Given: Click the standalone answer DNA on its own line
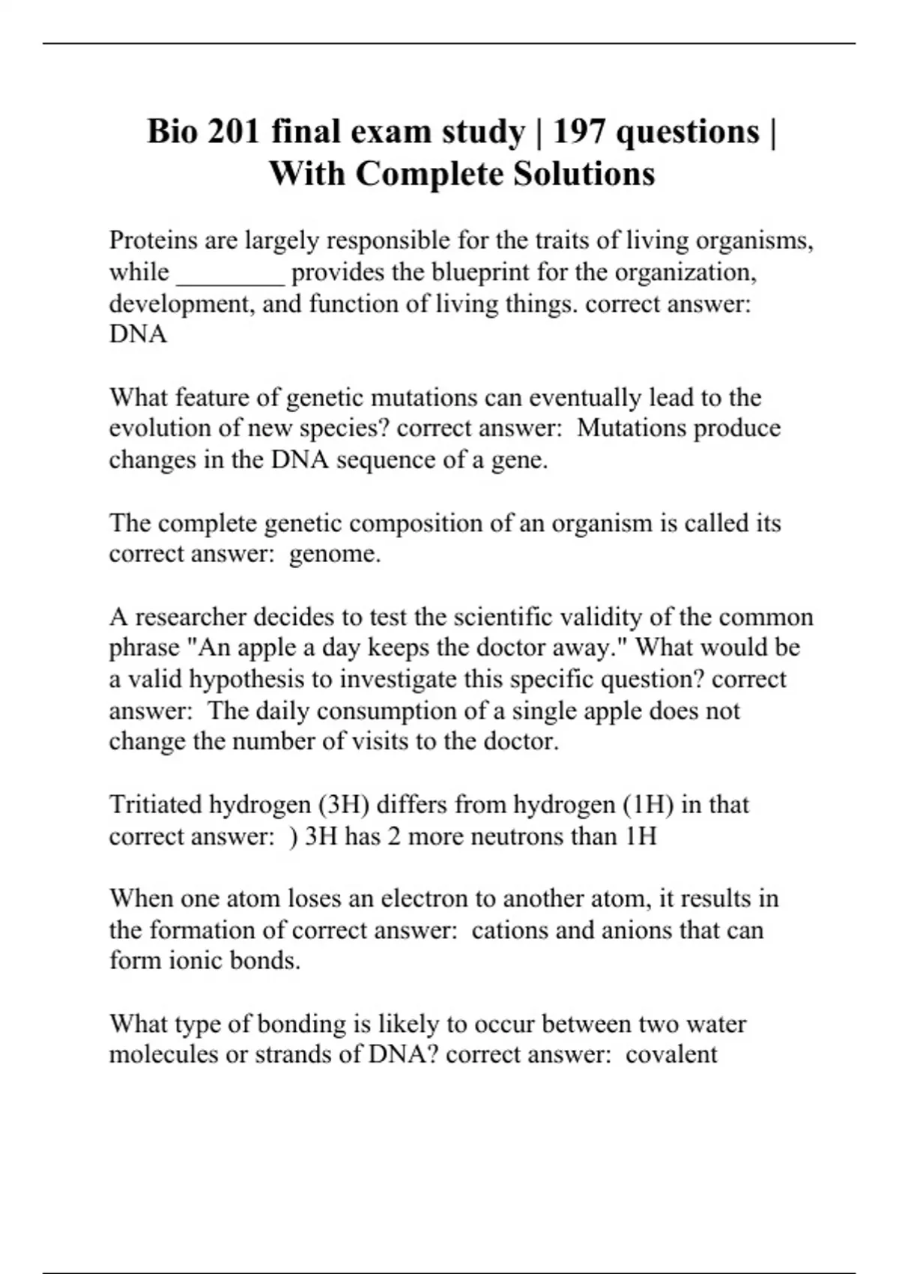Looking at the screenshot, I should pyautogui.click(x=138, y=334).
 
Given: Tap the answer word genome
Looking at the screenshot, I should pyautogui.click(x=334, y=554).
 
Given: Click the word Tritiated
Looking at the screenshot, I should pyautogui.click(x=155, y=804).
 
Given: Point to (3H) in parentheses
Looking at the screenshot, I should pyautogui.click(x=343, y=804).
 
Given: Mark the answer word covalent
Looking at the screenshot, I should pyautogui.click(x=671, y=1054).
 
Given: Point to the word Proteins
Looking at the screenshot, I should pyautogui.click(x=153, y=241).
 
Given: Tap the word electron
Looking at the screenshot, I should pyautogui.click(x=423, y=898).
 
